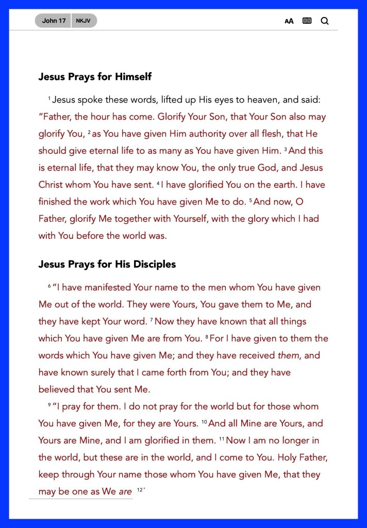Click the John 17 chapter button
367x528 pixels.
click(54, 21)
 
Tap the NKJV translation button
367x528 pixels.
click(84, 21)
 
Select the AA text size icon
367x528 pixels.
click(289, 21)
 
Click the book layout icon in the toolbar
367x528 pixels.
click(307, 21)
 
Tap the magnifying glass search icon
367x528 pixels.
click(324, 21)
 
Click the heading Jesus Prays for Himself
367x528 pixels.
click(95, 77)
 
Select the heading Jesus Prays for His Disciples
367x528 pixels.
click(107, 265)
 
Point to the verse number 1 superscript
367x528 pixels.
click(49, 98)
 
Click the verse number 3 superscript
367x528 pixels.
click(285, 149)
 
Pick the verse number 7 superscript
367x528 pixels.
click(152, 320)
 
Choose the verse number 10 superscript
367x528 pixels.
click(204, 422)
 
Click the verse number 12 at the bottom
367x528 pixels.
click(140, 490)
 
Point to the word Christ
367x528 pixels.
click(53, 185)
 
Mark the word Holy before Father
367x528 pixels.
click(278, 457)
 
